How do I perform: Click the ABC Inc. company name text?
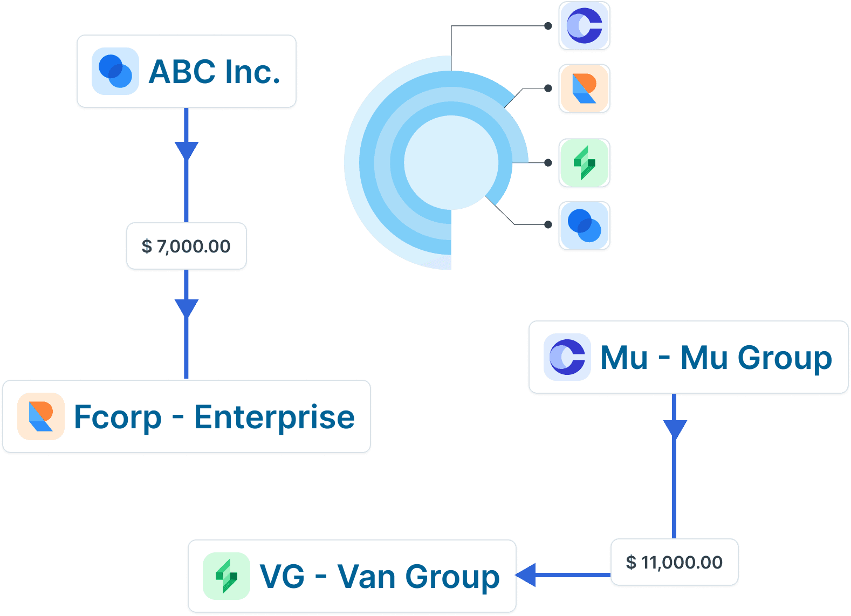pos(214,72)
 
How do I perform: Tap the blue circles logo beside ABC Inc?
pos(115,71)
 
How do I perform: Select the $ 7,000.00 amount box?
pos(186,246)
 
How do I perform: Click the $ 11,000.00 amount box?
pos(674,562)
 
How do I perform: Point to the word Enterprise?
pos(274,417)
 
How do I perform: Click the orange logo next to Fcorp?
pos(41,416)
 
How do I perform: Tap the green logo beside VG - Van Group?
pos(227,576)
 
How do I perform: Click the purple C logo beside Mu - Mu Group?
pos(567,357)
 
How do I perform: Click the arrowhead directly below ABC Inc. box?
pos(187,150)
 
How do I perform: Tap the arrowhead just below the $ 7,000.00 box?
pos(187,307)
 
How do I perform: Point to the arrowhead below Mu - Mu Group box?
pos(674,429)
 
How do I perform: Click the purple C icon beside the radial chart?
pos(584,26)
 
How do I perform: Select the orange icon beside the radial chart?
pos(584,88)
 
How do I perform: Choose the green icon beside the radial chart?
pos(584,163)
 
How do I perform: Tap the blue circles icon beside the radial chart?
pos(584,225)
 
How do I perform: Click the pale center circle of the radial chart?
pos(451,162)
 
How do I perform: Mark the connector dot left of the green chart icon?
pos(548,162)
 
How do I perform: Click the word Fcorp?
pos(118,417)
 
